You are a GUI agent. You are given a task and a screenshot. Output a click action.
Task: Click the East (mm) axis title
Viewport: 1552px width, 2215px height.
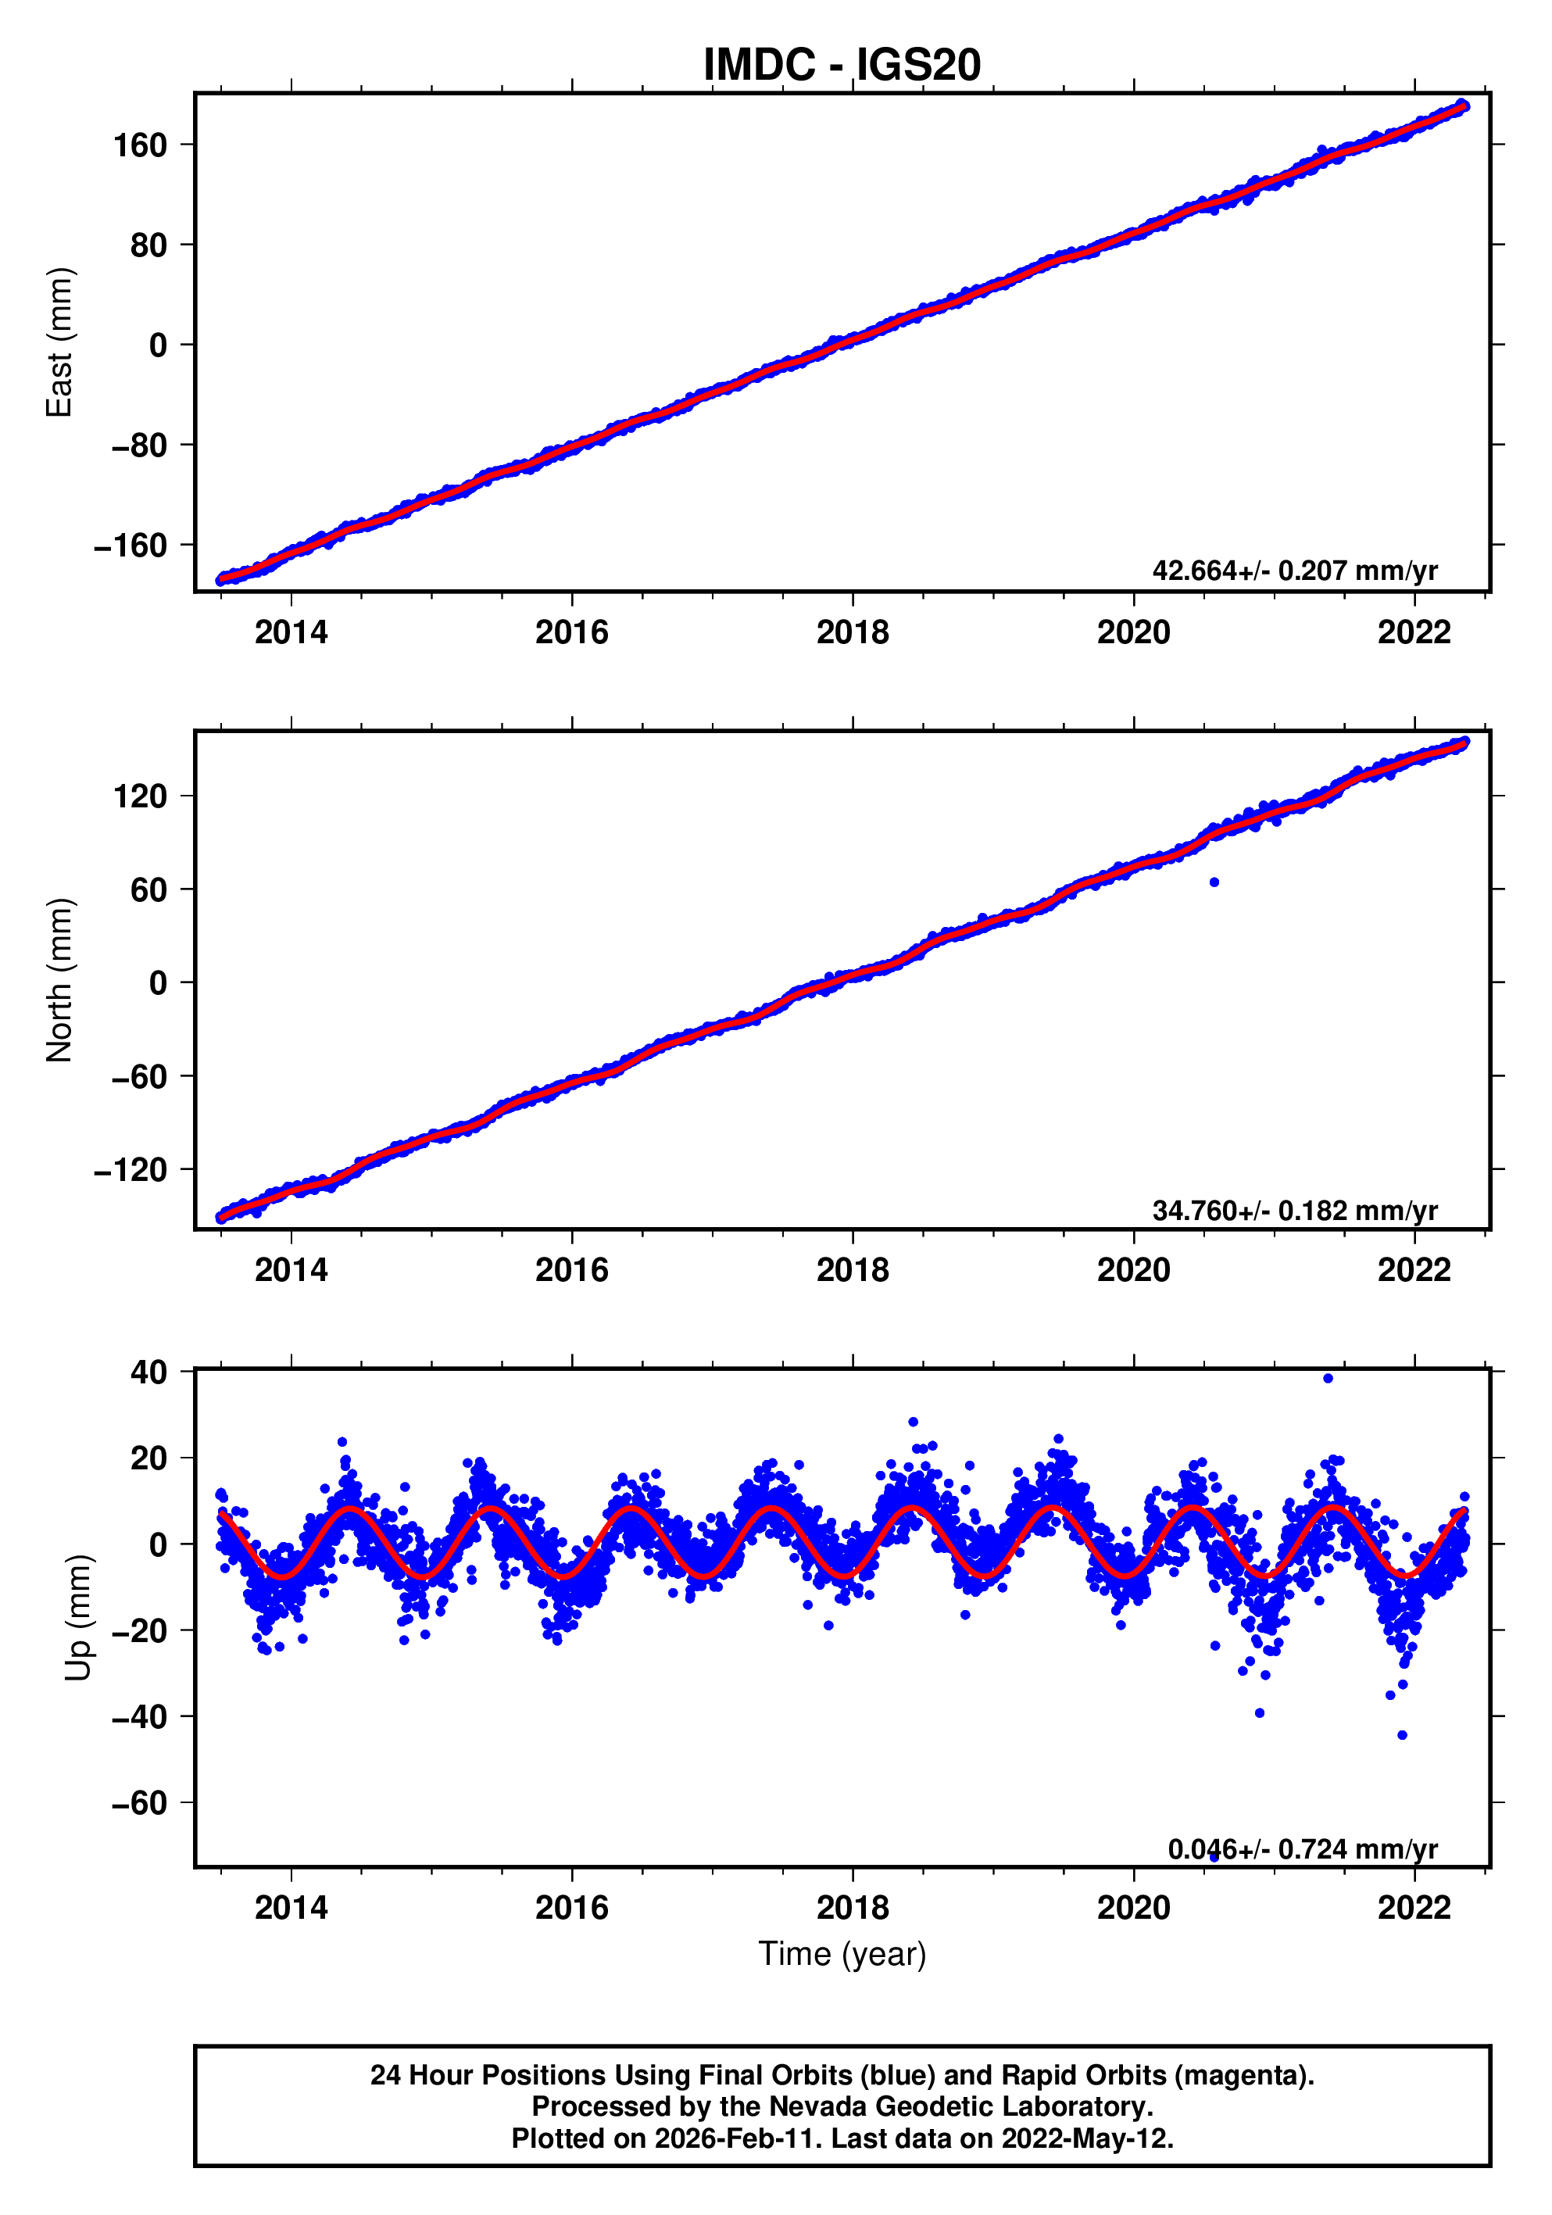[60, 342]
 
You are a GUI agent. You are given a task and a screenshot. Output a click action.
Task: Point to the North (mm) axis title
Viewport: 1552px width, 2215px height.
[60, 980]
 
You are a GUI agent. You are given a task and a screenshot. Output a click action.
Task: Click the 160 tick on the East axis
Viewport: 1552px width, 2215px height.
[140, 145]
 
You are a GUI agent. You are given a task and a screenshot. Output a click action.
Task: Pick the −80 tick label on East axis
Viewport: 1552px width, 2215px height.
[138, 446]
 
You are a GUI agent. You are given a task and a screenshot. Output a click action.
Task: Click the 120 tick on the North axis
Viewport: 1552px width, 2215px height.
[140, 797]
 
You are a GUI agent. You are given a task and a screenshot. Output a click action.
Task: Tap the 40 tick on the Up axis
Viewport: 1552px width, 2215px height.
[148, 1372]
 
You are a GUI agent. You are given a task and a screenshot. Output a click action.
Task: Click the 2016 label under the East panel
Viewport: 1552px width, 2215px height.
[571, 633]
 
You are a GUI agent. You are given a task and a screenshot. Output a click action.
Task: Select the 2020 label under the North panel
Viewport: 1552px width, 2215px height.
[1132, 1271]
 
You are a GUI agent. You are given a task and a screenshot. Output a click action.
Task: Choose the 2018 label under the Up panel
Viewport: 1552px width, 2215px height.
[852, 1908]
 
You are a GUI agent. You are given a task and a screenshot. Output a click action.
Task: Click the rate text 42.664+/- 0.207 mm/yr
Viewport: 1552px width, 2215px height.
[1293, 571]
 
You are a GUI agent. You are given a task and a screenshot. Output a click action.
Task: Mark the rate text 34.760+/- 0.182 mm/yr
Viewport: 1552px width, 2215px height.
[1293, 1210]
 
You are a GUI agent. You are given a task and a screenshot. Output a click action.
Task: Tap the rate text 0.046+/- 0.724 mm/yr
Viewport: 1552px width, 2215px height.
[1301, 1848]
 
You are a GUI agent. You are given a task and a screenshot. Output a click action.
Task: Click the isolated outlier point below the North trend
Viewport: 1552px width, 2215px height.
[1214, 882]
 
